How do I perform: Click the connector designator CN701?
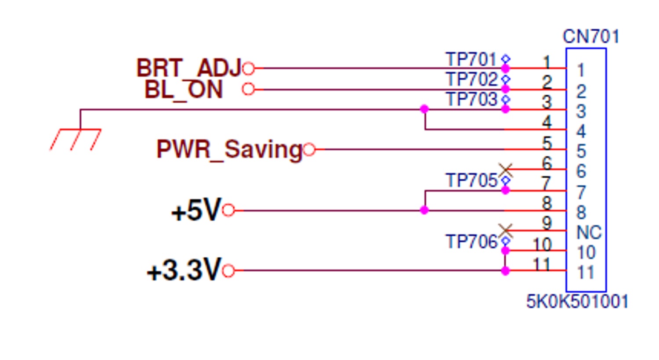[x=591, y=36]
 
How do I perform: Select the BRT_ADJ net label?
[x=188, y=68]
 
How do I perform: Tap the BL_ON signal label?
[x=184, y=90]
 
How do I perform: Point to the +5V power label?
[x=196, y=211]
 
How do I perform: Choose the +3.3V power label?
[x=184, y=270]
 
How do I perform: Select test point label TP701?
[x=471, y=59]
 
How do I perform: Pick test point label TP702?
[x=471, y=79]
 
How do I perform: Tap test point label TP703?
[x=471, y=100]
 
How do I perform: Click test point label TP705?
[x=471, y=180]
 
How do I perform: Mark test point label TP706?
[x=471, y=242]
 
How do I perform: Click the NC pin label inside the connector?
[x=589, y=232]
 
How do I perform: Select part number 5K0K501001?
[x=577, y=302]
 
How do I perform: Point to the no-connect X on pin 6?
[x=506, y=169]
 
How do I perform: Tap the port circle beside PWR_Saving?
[x=309, y=150]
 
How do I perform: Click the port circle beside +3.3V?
[x=228, y=271]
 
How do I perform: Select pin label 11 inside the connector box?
[x=586, y=273]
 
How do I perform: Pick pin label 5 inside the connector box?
[x=581, y=151]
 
